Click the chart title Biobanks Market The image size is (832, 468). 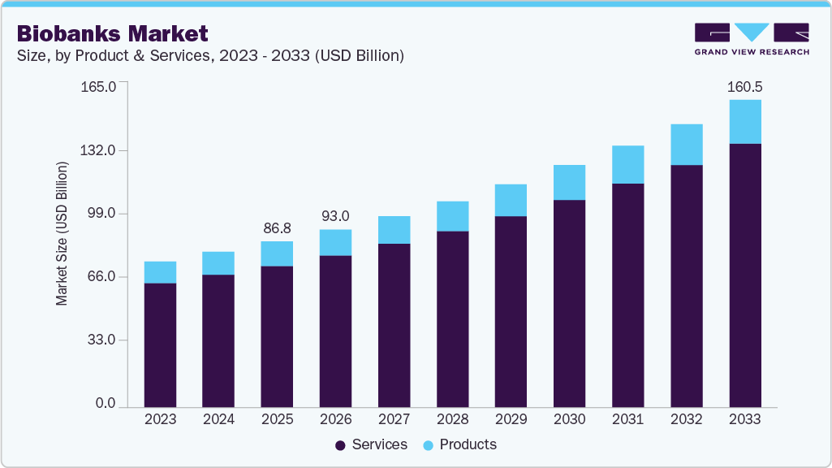(x=112, y=33)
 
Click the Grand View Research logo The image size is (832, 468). (x=751, y=39)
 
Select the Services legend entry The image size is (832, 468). (x=371, y=444)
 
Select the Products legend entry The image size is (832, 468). (x=460, y=444)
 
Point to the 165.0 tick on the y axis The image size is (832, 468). (x=100, y=86)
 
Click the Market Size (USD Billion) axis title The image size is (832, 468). (x=63, y=234)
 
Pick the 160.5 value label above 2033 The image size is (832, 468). (x=745, y=87)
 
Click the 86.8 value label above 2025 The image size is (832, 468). (x=277, y=228)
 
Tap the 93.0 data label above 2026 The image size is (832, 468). (x=335, y=216)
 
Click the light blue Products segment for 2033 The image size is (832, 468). (x=745, y=122)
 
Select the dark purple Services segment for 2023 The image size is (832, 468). (x=160, y=344)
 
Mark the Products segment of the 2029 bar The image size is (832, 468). (x=511, y=200)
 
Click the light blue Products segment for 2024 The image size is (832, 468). (x=218, y=263)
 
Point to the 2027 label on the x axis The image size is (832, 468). (x=394, y=419)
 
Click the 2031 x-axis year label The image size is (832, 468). (x=627, y=419)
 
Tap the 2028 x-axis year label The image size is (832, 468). (x=452, y=419)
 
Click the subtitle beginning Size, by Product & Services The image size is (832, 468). (x=210, y=56)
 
